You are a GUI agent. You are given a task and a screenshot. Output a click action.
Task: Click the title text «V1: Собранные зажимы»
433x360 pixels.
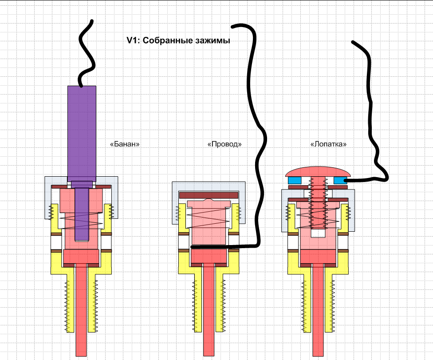click(178, 41)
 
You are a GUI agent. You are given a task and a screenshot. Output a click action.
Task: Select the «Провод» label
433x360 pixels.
click(224, 144)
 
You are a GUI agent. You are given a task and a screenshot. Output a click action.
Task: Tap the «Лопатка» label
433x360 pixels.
click(328, 144)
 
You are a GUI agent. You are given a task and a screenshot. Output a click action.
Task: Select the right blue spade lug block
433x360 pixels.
click(340, 180)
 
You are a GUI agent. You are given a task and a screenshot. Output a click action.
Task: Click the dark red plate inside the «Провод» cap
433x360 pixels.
click(208, 194)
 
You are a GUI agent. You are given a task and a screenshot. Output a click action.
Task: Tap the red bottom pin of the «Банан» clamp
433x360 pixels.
click(82, 311)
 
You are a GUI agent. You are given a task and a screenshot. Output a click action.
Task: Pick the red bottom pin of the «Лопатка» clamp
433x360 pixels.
click(318, 311)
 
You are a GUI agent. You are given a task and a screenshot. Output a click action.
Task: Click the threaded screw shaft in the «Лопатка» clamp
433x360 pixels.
click(318, 204)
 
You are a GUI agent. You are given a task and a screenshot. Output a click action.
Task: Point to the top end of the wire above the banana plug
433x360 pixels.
click(91, 21)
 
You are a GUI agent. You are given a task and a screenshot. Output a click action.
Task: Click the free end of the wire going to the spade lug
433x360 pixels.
click(354, 43)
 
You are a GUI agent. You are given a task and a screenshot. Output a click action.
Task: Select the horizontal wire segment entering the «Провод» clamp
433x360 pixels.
click(222, 246)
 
